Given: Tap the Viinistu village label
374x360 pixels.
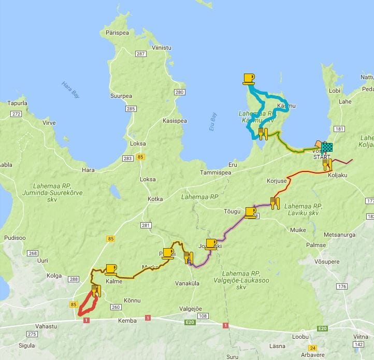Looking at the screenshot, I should click(161, 48).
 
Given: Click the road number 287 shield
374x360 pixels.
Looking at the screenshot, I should click(140, 54).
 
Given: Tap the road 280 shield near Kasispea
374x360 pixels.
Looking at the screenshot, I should click(179, 92).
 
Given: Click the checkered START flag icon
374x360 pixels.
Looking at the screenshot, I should click(326, 147).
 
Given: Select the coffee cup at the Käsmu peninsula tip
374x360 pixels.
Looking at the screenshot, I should click(249, 79).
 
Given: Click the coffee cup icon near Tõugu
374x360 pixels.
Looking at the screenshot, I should click(250, 212).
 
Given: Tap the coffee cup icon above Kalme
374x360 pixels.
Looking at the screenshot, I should click(111, 269).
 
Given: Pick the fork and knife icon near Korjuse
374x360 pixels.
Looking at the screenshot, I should click(275, 202).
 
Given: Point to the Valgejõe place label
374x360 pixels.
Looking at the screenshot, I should click(190, 309).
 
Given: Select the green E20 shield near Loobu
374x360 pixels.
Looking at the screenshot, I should click(322, 328).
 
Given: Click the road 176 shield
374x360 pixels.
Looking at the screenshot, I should click(341, 286).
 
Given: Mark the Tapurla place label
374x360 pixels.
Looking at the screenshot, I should click(17, 103).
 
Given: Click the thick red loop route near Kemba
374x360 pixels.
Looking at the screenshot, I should click(87, 306).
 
